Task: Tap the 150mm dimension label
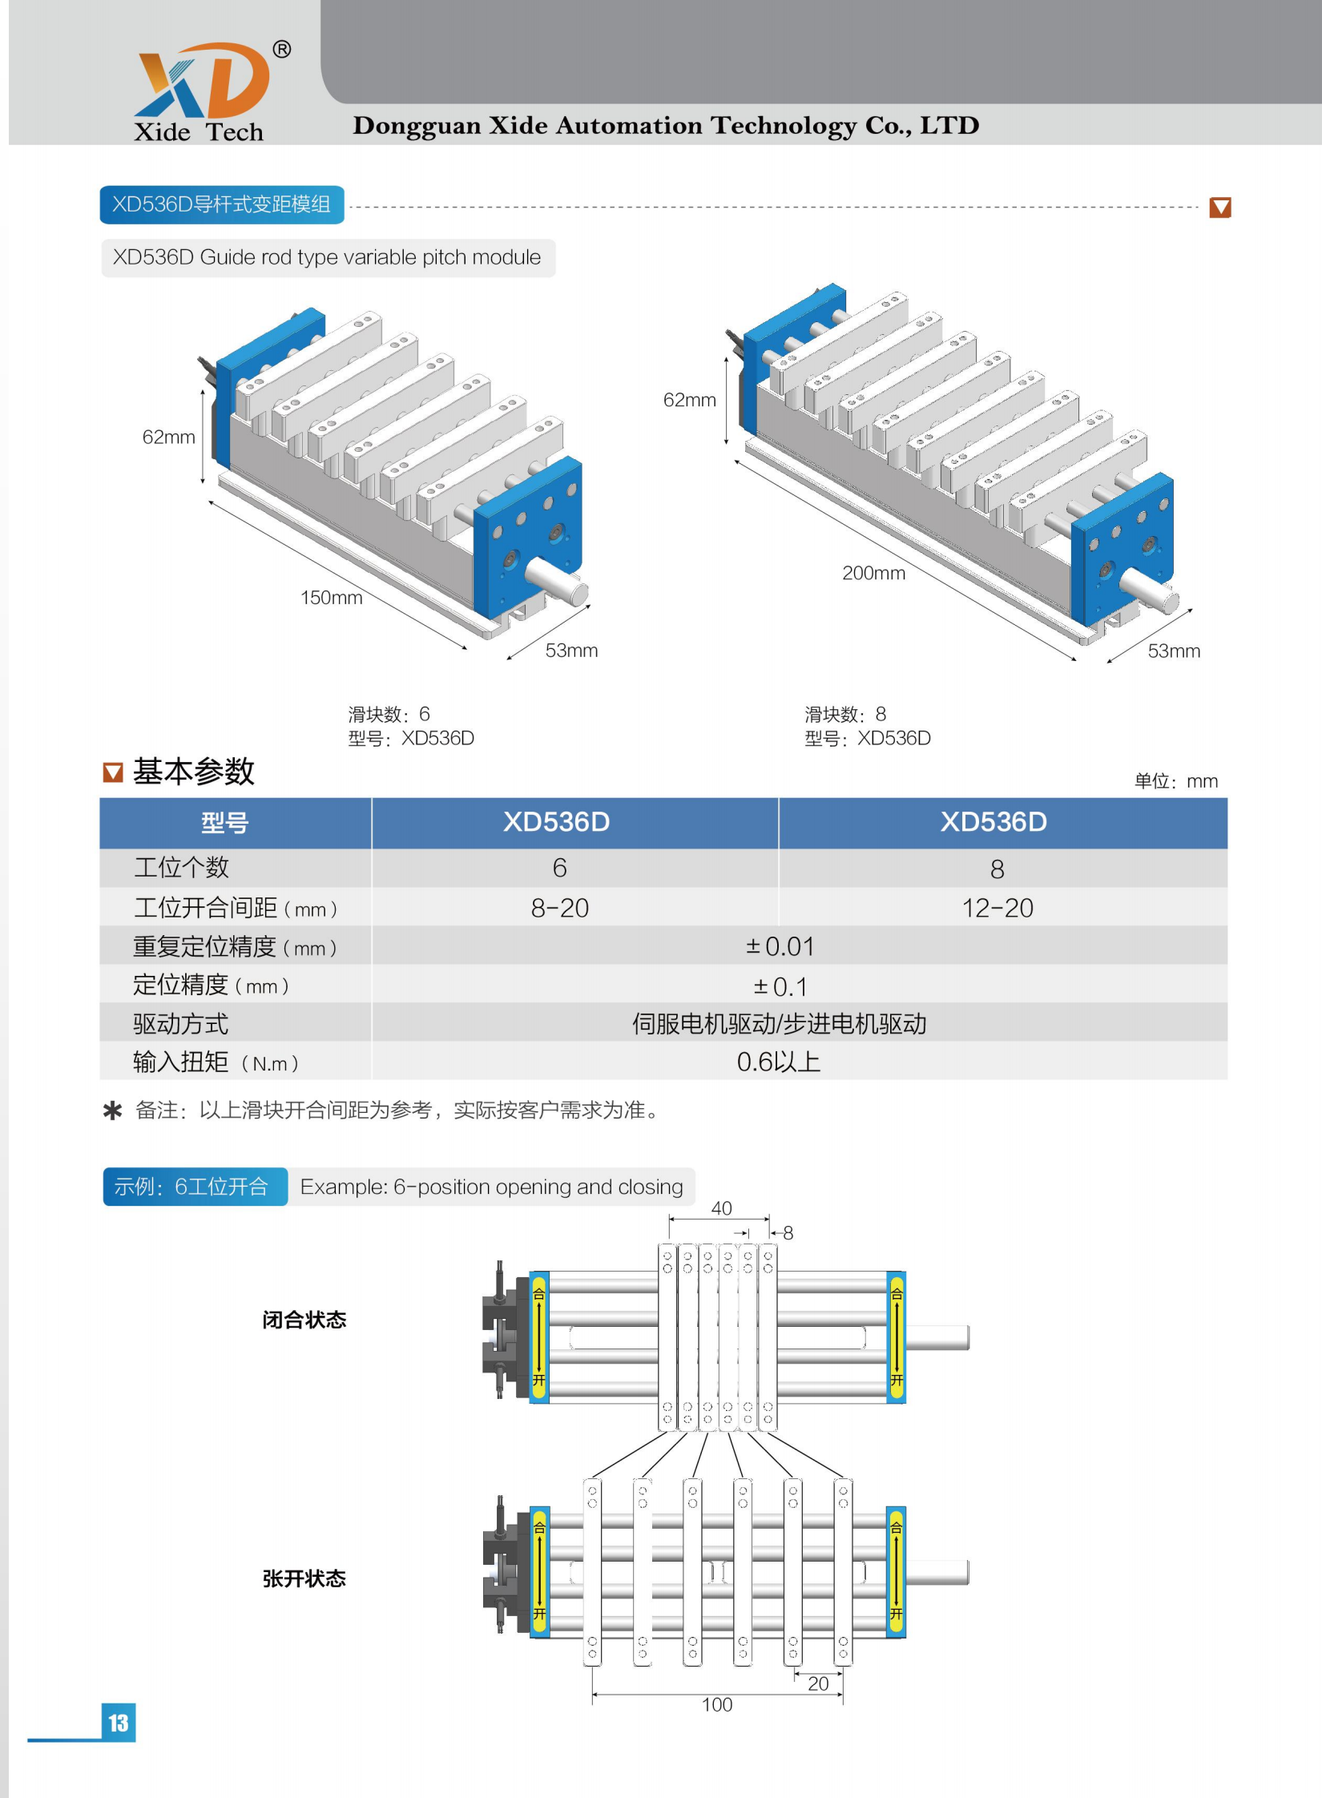tap(331, 598)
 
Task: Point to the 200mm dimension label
tap(873, 573)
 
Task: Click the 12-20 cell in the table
tap(998, 908)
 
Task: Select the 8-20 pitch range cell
tap(559, 908)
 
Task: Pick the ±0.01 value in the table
tap(780, 946)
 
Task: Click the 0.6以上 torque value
tap(778, 1062)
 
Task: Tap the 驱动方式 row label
tap(181, 1023)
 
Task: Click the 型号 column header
tap(224, 823)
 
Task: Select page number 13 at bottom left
tap(119, 1723)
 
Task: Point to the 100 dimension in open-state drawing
tap(717, 1705)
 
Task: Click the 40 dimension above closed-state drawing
tap(721, 1208)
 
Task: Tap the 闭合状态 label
tap(304, 1320)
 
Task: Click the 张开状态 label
tap(304, 1578)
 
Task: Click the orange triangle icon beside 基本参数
tap(113, 772)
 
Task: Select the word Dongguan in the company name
tap(417, 126)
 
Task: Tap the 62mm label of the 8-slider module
tap(689, 400)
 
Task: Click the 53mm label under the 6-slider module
tap(571, 651)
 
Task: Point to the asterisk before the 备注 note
tap(113, 1111)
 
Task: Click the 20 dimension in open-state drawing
tap(818, 1683)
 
